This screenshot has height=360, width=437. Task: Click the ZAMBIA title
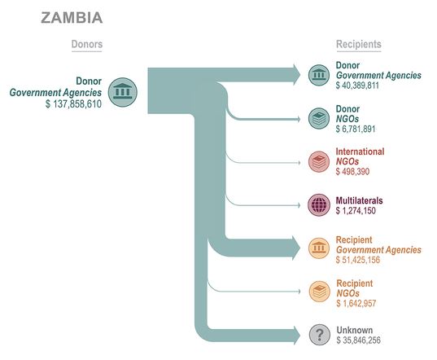[72, 18]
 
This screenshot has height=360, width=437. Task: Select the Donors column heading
[87, 44]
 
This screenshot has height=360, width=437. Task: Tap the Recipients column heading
[359, 44]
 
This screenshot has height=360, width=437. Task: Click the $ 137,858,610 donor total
[73, 104]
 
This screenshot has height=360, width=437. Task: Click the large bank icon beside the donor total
[123, 92]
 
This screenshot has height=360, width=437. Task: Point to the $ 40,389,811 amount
[357, 86]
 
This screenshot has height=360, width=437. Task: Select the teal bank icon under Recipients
[319, 75]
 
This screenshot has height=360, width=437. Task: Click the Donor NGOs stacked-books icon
[319, 119]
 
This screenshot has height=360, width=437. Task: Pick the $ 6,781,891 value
[356, 129]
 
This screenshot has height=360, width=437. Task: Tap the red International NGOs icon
[319, 162]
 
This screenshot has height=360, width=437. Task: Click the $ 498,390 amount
[352, 171]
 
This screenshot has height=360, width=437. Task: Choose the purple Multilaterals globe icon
[319, 205]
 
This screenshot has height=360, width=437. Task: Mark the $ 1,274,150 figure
[356, 210]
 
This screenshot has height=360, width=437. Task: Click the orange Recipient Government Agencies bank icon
[319, 248]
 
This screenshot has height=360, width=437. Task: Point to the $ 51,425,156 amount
[358, 260]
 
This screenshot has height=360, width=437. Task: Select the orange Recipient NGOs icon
[319, 292]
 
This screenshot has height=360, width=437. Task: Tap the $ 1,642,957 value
[356, 303]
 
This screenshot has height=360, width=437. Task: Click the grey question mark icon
[320, 335]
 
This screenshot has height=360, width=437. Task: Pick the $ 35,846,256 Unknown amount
[358, 340]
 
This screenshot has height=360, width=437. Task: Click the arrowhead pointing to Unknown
[296, 335]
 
